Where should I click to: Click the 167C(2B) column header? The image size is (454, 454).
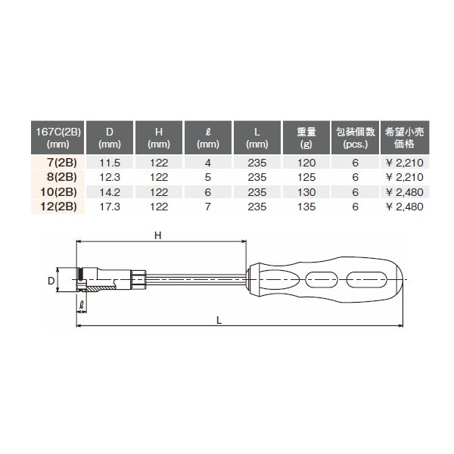pyautogui.click(x=58, y=138)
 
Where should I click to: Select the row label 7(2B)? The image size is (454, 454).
pyautogui.click(x=62, y=163)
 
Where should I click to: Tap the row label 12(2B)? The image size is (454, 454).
pyautogui.click(x=59, y=207)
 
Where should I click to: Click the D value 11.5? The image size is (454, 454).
pyautogui.click(x=110, y=163)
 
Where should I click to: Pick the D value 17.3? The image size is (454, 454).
pyautogui.click(x=110, y=207)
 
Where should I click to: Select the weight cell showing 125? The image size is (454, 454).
pyautogui.click(x=306, y=177)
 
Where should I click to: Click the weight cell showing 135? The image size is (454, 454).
pyautogui.click(x=306, y=207)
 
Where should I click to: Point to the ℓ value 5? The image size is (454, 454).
pyautogui.click(x=208, y=177)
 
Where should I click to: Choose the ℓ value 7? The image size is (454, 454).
pyautogui.click(x=208, y=207)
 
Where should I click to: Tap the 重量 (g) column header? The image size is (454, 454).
pyautogui.click(x=306, y=138)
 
